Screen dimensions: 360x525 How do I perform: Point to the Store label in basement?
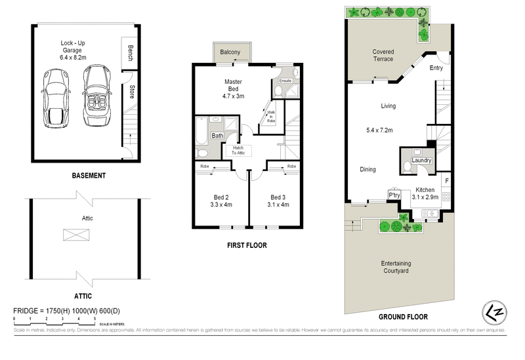(x=132, y=92)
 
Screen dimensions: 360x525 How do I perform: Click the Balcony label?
(x=230, y=52)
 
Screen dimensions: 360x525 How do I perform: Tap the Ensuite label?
(x=285, y=81)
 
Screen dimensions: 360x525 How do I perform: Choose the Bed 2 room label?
(x=220, y=200)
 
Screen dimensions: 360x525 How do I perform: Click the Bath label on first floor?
(x=217, y=136)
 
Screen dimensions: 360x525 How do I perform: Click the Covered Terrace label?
(x=383, y=55)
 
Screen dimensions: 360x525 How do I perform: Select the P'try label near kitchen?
(x=394, y=195)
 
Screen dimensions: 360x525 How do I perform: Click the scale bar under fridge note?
(x=55, y=319)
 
